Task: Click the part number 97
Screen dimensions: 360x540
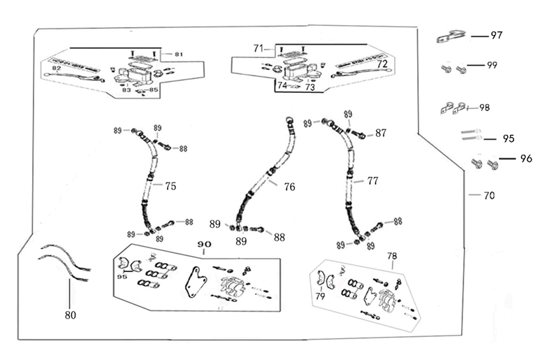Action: pyautogui.click(x=496, y=35)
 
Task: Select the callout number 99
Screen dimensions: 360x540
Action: pyautogui.click(x=492, y=65)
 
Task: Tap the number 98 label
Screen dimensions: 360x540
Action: pyautogui.click(x=484, y=108)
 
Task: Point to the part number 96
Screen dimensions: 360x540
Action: pyautogui.click(x=526, y=159)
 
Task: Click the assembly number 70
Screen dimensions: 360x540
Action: pyautogui.click(x=489, y=196)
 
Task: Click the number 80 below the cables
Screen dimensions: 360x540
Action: pyautogui.click(x=70, y=315)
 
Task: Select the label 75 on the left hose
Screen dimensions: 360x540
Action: pyautogui.click(x=170, y=186)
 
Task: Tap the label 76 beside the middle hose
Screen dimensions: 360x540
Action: pyautogui.click(x=289, y=187)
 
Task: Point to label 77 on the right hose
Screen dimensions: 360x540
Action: pyautogui.click(x=373, y=180)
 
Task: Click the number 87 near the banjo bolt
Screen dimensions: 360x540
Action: pyautogui.click(x=381, y=133)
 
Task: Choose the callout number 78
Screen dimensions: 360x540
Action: pyautogui.click(x=392, y=256)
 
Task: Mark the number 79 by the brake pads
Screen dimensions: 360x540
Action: pyautogui.click(x=319, y=296)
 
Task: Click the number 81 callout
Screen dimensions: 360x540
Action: pyautogui.click(x=178, y=55)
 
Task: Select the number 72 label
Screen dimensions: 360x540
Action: pyautogui.click(x=382, y=64)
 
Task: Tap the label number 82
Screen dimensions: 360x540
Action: pyautogui.click(x=57, y=68)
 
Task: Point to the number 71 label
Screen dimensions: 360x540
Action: pyautogui.click(x=259, y=48)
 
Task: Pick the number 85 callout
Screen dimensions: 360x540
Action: pyautogui.click(x=154, y=89)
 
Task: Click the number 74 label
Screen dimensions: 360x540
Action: pyautogui.click(x=282, y=85)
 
